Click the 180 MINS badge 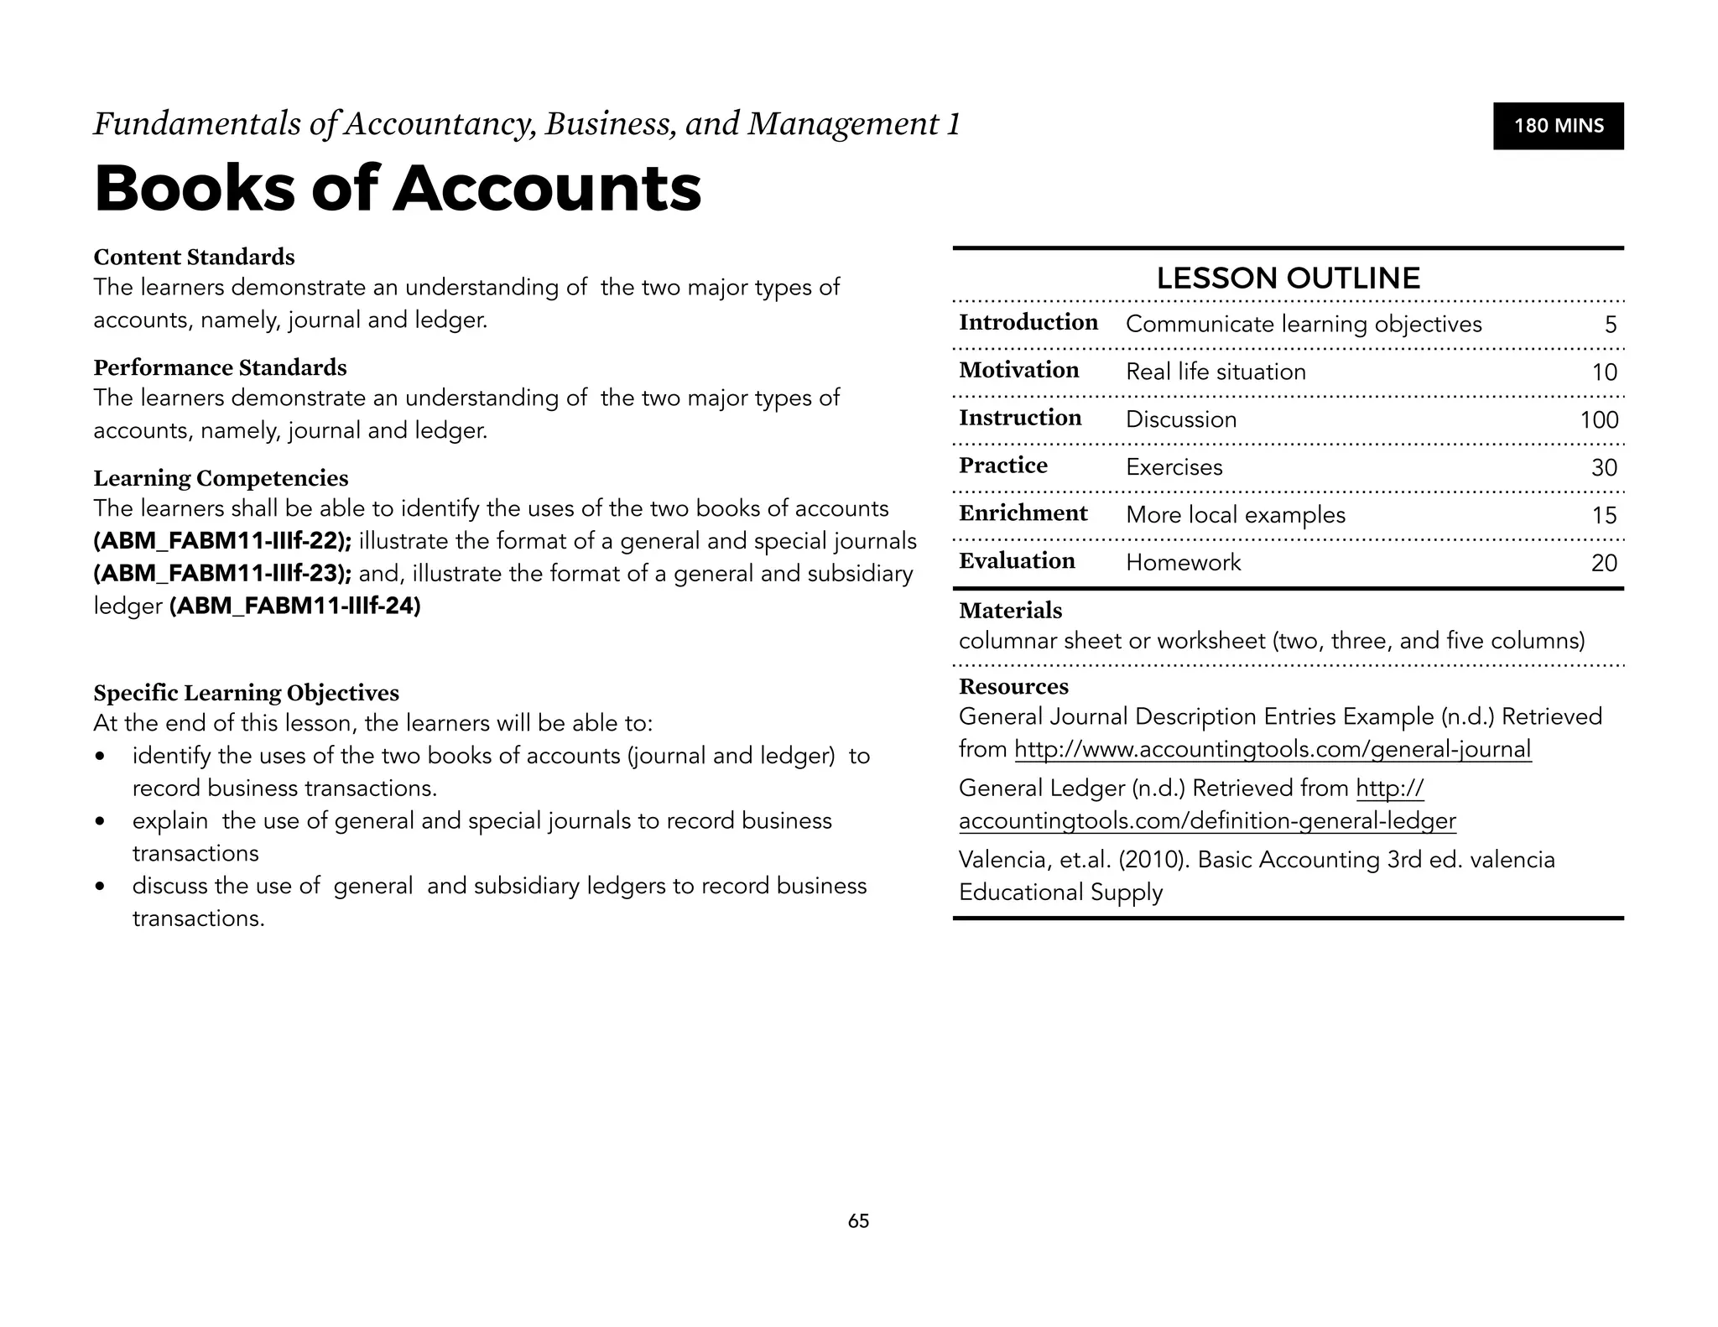click(x=1558, y=126)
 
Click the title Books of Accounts click(x=398, y=188)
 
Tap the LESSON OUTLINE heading click(x=1288, y=278)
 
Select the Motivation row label click(x=1018, y=370)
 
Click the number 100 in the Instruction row click(x=1599, y=419)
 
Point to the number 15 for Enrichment click(x=1603, y=515)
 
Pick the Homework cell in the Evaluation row click(x=1183, y=562)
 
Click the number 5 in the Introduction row click(x=1610, y=325)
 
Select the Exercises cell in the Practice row click(x=1174, y=467)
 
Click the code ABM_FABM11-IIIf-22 click(x=222, y=541)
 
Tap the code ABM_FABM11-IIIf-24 click(x=294, y=606)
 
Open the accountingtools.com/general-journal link click(x=1273, y=749)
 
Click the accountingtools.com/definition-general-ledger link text click(x=1207, y=820)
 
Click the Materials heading click(x=1010, y=611)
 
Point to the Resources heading click(x=1013, y=686)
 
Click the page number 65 click(x=858, y=1221)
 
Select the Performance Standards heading click(x=220, y=367)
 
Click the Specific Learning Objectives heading click(x=246, y=693)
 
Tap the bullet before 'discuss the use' click(x=101, y=887)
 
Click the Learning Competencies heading click(x=221, y=478)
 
